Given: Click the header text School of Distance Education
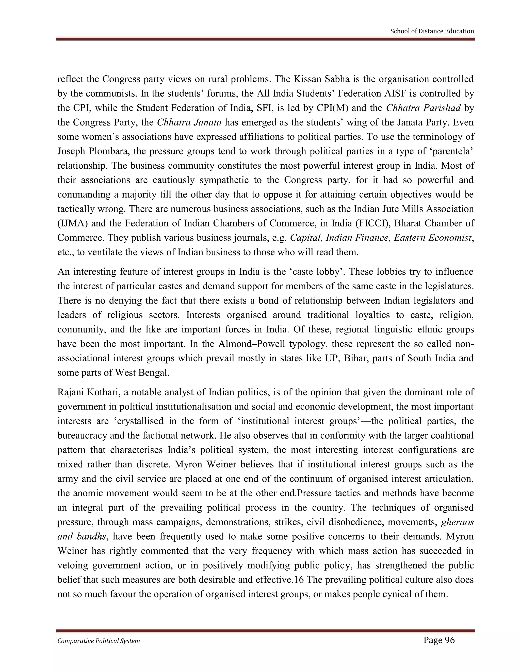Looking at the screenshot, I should click(432, 31).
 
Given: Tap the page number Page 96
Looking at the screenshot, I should click(439, 640).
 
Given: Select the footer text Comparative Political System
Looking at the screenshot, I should click(99, 641).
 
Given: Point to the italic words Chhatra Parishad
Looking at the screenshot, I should click(423, 108).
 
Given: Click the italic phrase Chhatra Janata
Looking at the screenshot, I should click(189, 122).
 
